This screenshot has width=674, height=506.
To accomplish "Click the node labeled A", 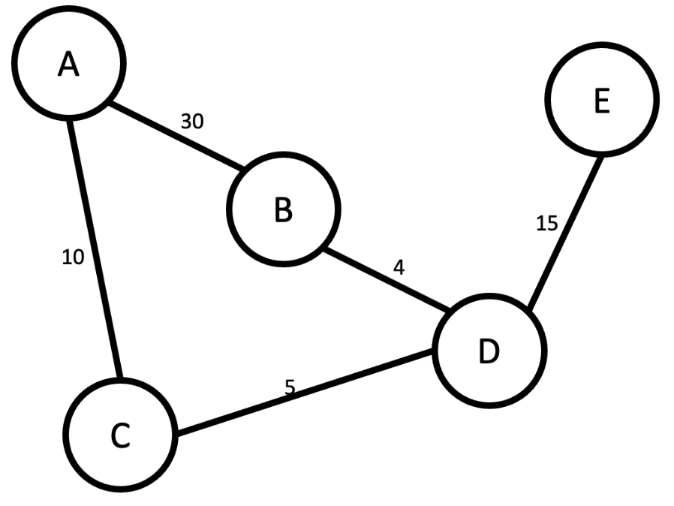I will [x=69, y=65].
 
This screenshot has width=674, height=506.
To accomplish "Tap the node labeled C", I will [x=120, y=435].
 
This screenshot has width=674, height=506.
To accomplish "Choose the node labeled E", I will [x=602, y=100].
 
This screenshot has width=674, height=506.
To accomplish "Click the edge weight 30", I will [x=192, y=122].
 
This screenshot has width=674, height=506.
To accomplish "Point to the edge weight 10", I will [x=73, y=258].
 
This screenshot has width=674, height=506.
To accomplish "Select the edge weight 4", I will [x=399, y=267].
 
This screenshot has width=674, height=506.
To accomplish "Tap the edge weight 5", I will [x=290, y=387].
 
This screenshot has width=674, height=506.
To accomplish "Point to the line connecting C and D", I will [x=304, y=395].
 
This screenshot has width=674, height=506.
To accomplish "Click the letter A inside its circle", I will [x=69, y=65].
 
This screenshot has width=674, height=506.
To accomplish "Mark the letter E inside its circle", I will [x=602, y=101].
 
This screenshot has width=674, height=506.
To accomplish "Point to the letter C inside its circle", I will [x=120, y=435].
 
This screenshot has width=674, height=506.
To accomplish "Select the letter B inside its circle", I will [x=283, y=209].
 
